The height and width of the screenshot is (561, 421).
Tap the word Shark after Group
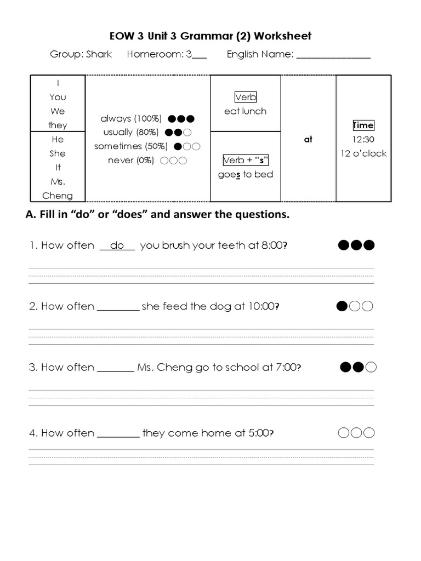click(x=99, y=54)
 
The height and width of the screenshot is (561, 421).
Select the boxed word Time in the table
click(x=363, y=125)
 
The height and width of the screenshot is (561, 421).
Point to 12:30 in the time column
click(x=363, y=140)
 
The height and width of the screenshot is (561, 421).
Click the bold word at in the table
click(x=308, y=139)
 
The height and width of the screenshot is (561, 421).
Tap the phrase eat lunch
click(x=245, y=111)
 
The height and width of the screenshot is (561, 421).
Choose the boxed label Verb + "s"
click(x=246, y=161)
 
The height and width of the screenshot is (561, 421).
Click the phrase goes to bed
click(x=245, y=174)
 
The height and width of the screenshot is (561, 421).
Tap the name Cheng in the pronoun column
click(x=58, y=196)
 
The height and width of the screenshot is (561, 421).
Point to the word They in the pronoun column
click(x=58, y=125)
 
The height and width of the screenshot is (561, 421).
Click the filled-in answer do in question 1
click(x=117, y=245)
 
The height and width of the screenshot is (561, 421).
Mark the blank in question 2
click(x=118, y=307)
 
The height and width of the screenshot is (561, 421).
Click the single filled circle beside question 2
click(x=342, y=306)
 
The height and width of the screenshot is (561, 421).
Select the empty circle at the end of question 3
click(x=371, y=367)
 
